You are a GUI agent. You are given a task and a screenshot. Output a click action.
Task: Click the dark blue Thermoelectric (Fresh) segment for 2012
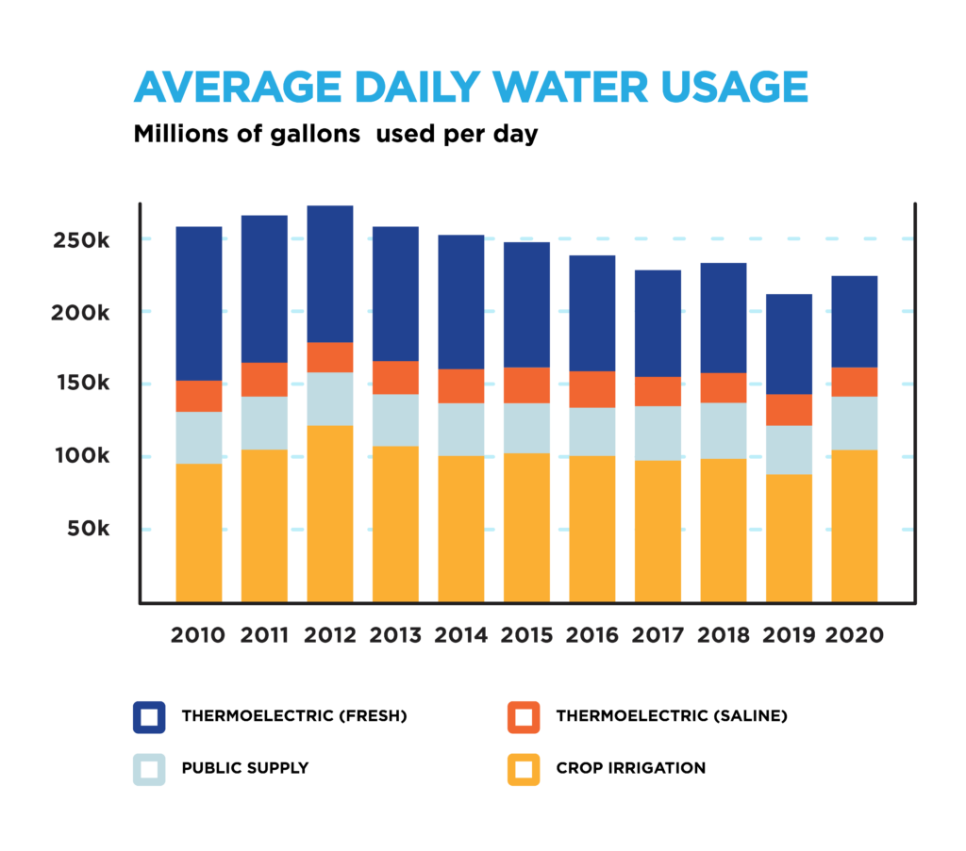tap(330, 273)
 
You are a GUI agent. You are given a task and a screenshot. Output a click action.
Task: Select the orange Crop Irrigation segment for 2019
tap(789, 537)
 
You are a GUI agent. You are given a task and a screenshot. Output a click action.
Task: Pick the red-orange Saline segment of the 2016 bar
tap(592, 389)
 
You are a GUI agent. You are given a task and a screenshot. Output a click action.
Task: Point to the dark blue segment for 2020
tap(854, 321)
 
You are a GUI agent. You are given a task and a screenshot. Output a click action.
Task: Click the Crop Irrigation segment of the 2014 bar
tap(461, 529)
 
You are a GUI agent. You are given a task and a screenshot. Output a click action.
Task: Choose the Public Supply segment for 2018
tap(724, 431)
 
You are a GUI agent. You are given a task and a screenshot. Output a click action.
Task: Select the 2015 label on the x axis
tap(527, 634)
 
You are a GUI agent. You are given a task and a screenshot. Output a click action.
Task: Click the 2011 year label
tap(264, 634)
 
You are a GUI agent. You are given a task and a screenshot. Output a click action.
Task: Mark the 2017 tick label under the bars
tap(658, 634)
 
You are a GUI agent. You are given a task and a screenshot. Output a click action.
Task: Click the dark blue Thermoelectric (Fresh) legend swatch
tap(149, 717)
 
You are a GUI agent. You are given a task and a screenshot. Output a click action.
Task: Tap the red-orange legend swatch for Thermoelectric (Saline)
tap(524, 717)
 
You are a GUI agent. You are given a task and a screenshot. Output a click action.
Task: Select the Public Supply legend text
tap(244, 768)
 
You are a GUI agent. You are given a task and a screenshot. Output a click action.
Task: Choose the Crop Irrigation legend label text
tap(630, 768)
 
